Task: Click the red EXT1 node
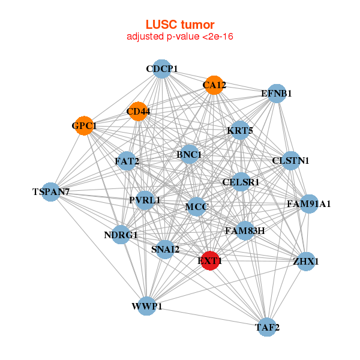pyautogui.click(x=209, y=261)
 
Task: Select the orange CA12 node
pyautogui.click(x=214, y=85)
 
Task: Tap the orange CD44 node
pyautogui.click(x=139, y=111)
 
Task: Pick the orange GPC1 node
pyautogui.click(x=85, y=126)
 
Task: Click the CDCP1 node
pyautogui.click(x=161, y=69)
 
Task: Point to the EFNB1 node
pyautogui.click(x=276, y=94)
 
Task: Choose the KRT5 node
pyautogui.click(x=239, y=131)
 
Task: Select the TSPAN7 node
pyautogui.click(x=51, y=192)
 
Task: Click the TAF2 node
pyautogui.click(x=267, y=327)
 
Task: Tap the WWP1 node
pyautogui.click(x=147, y=307)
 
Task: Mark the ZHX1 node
pyautogui.click(x=306, y=261)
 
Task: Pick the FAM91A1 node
pyautogui.click(x=308, y=204)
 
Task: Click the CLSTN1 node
pyautogui.click(x=290, y=161)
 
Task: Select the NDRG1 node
pyautogui.click(x=121, y=235)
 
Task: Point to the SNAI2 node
pyautogui.click(x=165, y=249)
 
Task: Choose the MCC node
pyautogui.click(x=196, y=208)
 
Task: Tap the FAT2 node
pyautogui.click(x=127, y=161)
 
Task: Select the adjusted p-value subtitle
pyautogui.click(x=180, y=37)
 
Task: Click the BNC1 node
pyautogui.click(x=189, y=154)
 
